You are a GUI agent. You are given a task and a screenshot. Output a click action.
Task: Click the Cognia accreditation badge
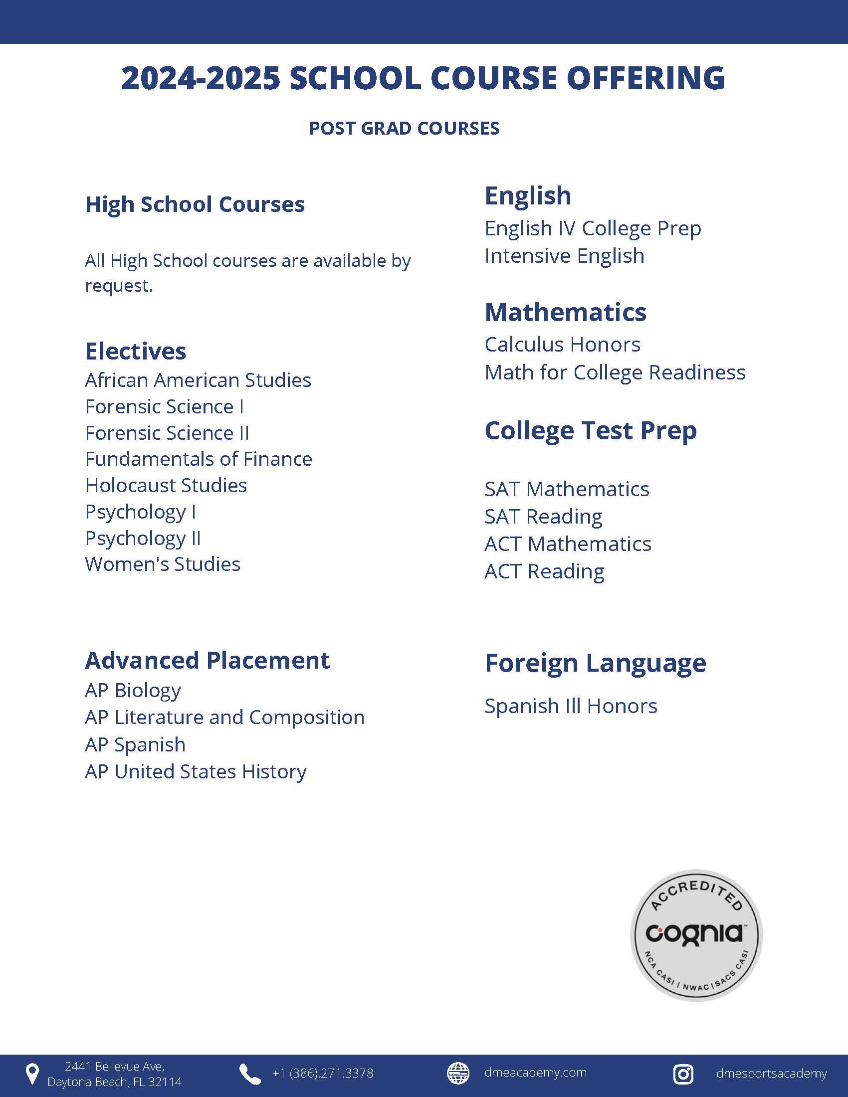pos(696,935)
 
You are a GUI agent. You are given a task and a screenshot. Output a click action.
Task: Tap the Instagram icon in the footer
pos(683,1074)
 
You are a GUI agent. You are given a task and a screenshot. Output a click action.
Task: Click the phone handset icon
pos(250,1074)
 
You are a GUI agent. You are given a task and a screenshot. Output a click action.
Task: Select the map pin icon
pos(32,1074)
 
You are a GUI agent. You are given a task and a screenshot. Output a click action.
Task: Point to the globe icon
pos(457,1074)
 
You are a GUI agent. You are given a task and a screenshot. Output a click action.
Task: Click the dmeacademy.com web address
pos(536,1073)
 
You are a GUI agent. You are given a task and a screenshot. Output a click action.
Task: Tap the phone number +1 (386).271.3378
pos(323,1074)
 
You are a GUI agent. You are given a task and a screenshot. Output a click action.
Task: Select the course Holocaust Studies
pos(166,486)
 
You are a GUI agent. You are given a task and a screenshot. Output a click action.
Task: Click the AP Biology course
pos(133,691)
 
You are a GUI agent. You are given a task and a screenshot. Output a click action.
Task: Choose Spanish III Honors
pos(571,706)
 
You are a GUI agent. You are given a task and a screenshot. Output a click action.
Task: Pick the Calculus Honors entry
pos(562,345)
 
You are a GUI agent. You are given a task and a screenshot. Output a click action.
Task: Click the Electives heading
pos(136,351)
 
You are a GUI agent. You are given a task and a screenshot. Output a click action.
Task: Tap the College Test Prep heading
pos(590,430)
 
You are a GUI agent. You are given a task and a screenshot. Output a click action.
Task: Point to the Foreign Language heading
pos(595,663)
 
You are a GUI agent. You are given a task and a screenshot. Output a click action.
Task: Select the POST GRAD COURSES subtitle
pos(404,128)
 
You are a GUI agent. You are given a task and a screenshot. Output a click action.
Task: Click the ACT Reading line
pos(544,571)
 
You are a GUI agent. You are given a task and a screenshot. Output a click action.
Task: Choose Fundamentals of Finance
pos(199,459)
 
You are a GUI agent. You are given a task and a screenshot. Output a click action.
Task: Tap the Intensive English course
pos(564,256)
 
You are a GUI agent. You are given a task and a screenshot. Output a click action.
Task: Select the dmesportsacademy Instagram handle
pos(771,1074)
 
